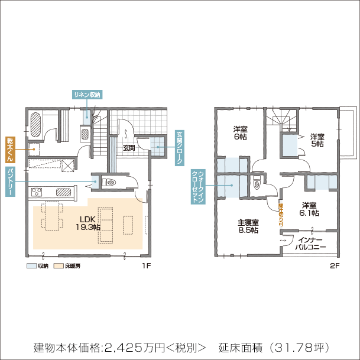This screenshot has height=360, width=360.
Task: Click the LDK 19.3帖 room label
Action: [x=87, y=222]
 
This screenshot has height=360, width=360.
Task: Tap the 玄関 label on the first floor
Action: [x=129, y=148]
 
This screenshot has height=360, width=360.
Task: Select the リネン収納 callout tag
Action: [x=87, y=95]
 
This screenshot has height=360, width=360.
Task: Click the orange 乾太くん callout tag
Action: [x=9, y=150]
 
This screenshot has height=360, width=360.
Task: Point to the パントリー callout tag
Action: [x=9, y=181]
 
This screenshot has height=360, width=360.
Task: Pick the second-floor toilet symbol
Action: [x=257, y=184]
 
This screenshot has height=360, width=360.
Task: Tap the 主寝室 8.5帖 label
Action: [x=248, y=226]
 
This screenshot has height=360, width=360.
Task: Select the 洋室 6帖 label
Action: [x=240, y=133]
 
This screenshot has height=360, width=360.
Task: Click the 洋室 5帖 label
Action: [x=317, y=140]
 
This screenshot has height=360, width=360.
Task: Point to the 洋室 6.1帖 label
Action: [x=309, y=209]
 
